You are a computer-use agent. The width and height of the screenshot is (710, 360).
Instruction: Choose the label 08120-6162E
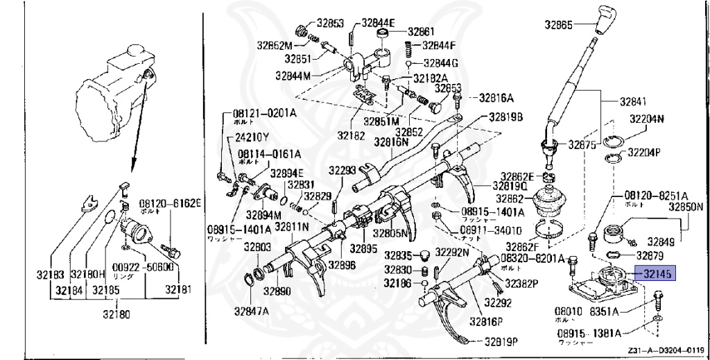[171, 203]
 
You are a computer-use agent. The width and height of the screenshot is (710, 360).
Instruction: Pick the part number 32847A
[250, 311]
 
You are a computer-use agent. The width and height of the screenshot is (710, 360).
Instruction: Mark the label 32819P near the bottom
[502, 341]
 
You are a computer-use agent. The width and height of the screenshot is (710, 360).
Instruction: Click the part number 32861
[421, 31]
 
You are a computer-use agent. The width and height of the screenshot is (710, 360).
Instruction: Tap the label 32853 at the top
[331, 23]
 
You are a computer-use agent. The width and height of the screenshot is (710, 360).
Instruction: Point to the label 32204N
[646, 119]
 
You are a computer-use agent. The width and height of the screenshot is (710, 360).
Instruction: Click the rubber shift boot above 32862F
[552, 204]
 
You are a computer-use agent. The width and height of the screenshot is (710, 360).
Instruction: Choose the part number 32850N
[686, 206]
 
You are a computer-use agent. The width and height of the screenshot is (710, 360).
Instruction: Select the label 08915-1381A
[588, 333]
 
